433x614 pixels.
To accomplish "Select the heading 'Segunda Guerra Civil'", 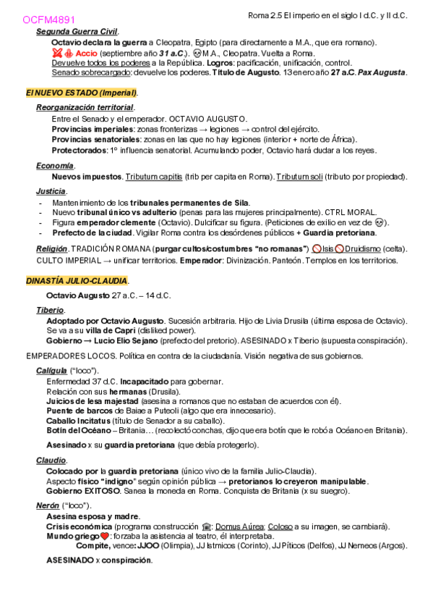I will tap(77, 32).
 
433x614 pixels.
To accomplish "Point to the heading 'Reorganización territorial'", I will tap(85, 107).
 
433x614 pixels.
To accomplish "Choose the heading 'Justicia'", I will tap(51, 191).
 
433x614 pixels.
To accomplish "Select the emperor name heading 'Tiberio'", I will tap(50, 310).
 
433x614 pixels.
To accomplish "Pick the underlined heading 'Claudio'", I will tap(51, 460).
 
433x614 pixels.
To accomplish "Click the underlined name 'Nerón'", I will tap(48, 505).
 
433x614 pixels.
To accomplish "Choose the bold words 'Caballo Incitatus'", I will tap(79, 420).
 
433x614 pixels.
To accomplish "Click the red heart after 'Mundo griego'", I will tap(104, 537).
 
